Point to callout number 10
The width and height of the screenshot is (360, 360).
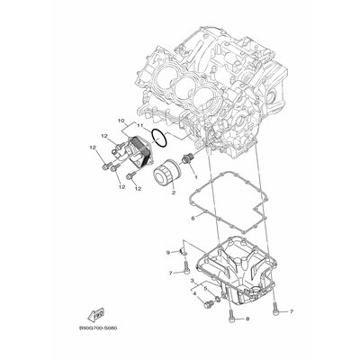click(x=121, y=120)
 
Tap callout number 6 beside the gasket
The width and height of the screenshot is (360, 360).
click(x=193, y=218)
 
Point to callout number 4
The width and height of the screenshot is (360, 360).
click(x=193, y=292)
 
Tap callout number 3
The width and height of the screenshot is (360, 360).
click(x=192, y=280)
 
